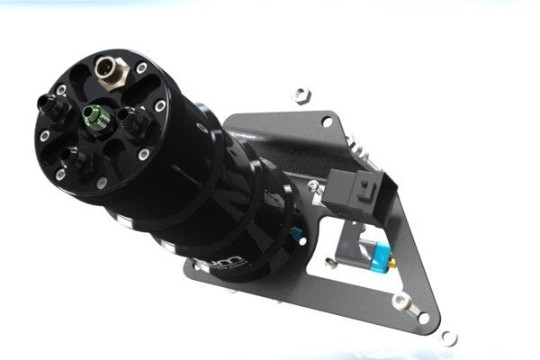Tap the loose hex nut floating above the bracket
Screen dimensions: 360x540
coord(303,94)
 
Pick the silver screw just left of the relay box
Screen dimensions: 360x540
coord(313,186)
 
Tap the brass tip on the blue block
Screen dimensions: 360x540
coord(394,265)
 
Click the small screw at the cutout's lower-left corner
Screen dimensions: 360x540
coord(332,263)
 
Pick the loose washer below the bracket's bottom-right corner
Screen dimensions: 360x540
coord(449,337)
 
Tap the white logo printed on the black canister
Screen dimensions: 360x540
coord(235,264)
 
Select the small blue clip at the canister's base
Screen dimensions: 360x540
coord(296,236)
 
